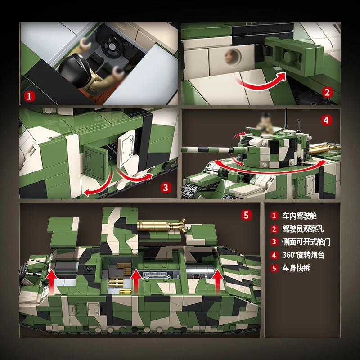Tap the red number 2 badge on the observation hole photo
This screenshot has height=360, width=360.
[327, 93]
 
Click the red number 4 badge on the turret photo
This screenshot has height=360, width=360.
[327, 120]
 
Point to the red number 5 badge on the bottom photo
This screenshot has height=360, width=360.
[246, 215]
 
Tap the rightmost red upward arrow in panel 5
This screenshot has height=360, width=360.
[218, 279]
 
